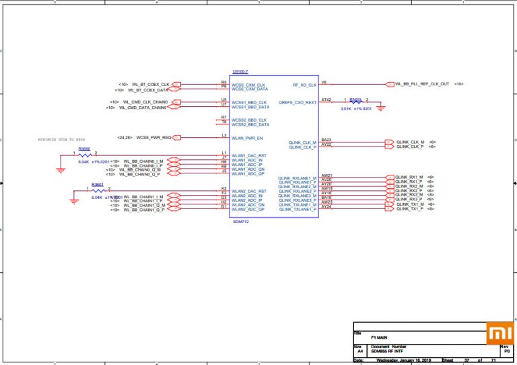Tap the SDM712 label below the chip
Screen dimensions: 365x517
tap(240, 221)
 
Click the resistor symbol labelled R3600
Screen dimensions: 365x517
tap(85, 155)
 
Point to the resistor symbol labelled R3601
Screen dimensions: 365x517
tap(98, 192)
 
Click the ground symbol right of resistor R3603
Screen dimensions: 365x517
tap(380, 107)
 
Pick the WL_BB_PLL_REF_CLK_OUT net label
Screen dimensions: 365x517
tap(422, 84)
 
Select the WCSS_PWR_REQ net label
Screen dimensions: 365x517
tap(153, 137)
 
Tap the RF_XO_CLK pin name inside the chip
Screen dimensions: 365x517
tap(304, 85)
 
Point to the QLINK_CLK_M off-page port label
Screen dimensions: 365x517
tap(410, 142)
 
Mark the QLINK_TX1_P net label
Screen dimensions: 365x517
tap(409, 209)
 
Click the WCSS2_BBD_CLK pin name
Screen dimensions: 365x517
tap(250, 120)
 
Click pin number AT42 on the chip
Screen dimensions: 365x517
tap(326, 99)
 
